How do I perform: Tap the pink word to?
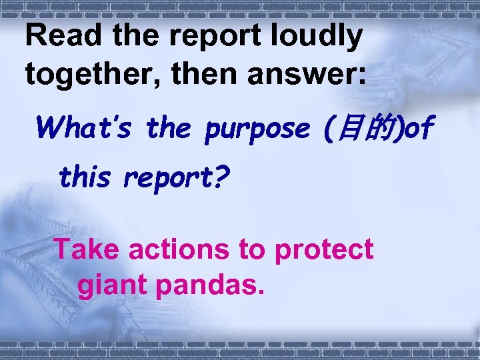pos(251,250)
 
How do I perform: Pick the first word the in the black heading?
pos(133,36)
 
